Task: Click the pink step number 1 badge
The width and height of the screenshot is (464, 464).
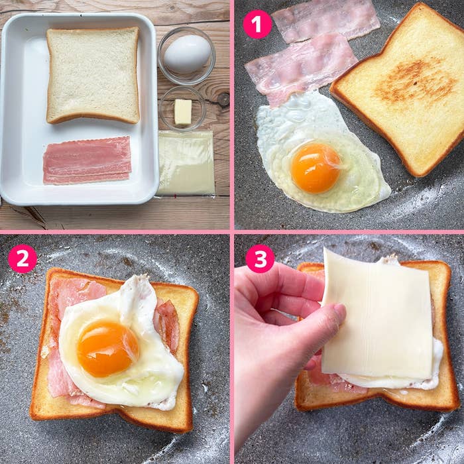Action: (257, 25)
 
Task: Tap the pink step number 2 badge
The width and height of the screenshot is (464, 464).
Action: (23, 259)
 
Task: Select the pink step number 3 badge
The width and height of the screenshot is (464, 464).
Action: (261, 259)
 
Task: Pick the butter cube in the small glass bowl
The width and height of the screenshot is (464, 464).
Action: (183, 111)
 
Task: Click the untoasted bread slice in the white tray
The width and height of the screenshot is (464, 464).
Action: (93, 75)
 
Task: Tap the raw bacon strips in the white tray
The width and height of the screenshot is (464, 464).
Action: (87, 160)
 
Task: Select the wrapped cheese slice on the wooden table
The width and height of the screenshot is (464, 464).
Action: (186, 163)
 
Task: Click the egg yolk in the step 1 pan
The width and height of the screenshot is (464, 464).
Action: (316, 168)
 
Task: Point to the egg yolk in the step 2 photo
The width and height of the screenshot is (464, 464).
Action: (107, 349)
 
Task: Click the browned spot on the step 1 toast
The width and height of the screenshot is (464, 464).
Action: (414, 80)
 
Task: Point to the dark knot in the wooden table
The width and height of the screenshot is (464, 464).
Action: (223, 100)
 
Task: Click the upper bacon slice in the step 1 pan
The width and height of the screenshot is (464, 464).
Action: (325, 20)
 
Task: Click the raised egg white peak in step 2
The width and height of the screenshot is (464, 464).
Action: (136, 293)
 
